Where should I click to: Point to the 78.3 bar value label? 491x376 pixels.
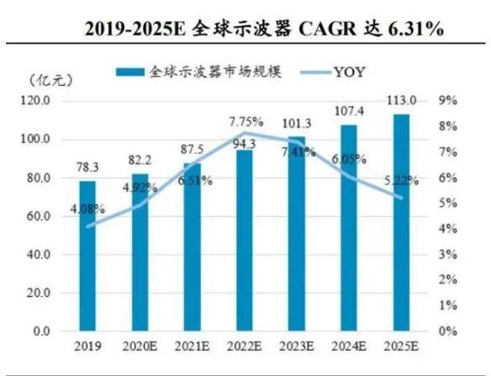pyautogui.click(x=87, y=169)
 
